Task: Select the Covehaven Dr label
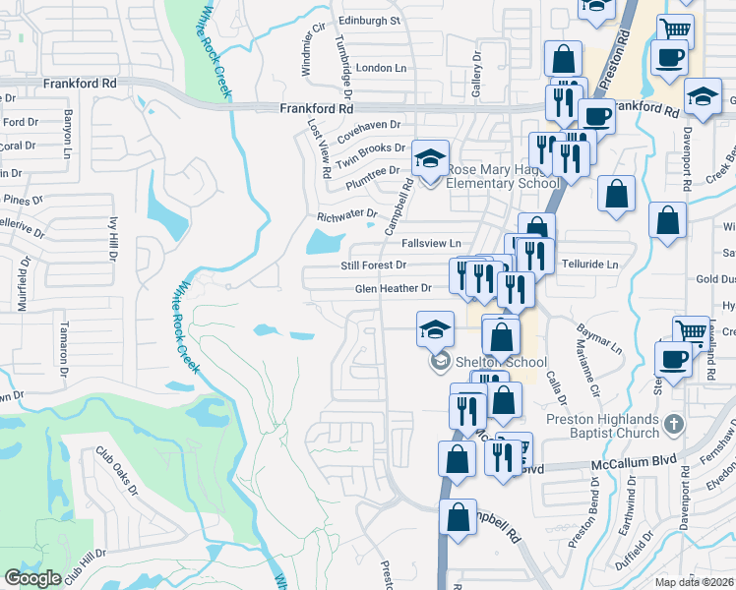[370, 125]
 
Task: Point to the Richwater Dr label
[347, 214]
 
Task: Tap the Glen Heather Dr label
[394, 288]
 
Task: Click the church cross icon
[673, 424]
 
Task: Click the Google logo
[32, 578]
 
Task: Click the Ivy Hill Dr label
[113, 239]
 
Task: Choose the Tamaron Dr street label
[62, 348]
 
